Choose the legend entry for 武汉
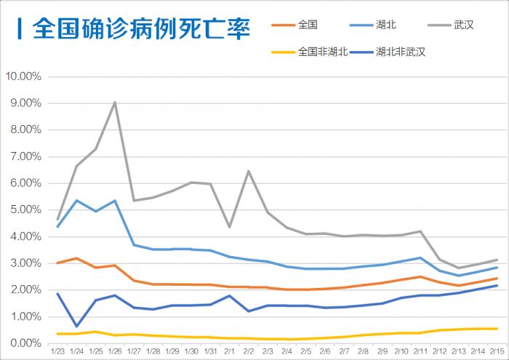(x=463, y=25)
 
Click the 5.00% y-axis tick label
(x=26, y=209)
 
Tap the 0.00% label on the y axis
(x=26, y=343)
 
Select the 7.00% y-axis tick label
(x=26, y=156)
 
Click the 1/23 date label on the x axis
(x=57, y=351)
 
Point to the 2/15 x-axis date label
(x=497, y=351)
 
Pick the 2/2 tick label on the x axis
(x=248, y=351)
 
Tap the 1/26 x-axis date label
(x=115, y=351)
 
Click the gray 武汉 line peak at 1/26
(x=115, y=103)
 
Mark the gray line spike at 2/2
(x=249, y=171)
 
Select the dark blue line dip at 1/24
(x=77, y=326)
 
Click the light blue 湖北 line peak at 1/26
(x=115, y=200)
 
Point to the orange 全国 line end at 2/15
(x=497, y=279)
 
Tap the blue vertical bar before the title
(x=18, y=30)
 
